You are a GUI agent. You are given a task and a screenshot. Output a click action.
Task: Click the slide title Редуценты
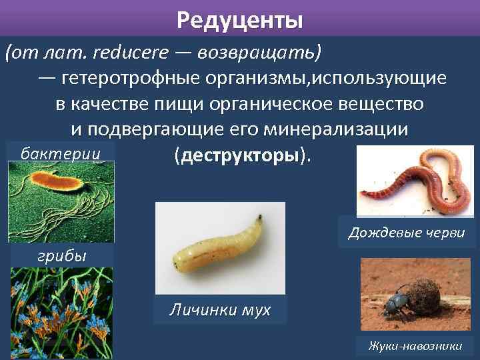pyautogui.click(x=240, y=21)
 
